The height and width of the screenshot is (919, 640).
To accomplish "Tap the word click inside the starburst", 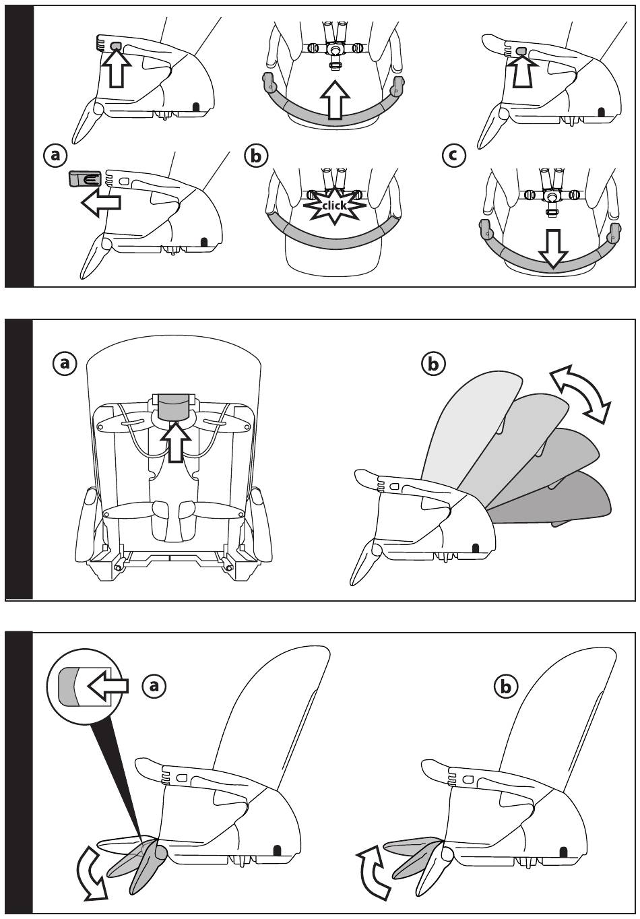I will (333, 205).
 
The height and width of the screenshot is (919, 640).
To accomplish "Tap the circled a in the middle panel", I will (65, 364).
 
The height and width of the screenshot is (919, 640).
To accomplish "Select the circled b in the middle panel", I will (433, 364).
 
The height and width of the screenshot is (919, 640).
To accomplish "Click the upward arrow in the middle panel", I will (174, 441).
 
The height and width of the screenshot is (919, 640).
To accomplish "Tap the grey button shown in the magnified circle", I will (68, 687).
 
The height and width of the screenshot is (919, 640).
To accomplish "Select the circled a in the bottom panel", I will (154, 686).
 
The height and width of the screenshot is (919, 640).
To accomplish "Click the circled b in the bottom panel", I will (507, 686).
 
